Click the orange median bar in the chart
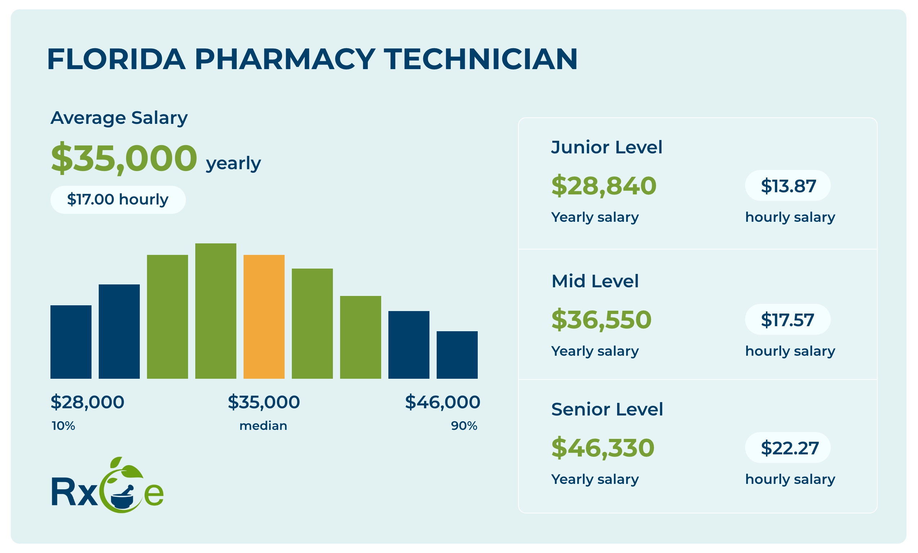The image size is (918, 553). point(264,316)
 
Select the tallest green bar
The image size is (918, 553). point(216,311)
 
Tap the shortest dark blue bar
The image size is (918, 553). point(457,355)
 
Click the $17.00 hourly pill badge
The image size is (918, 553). point(118,199)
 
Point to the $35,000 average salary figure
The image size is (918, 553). point(124,158)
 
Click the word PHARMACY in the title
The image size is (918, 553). point(285,59)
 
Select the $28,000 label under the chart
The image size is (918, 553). point(87,402)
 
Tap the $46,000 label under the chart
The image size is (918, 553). point(442,402)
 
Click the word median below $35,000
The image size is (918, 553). point(263,426)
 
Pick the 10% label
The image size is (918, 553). point(63,426)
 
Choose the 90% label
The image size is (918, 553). point(464,426)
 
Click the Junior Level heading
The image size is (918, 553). point(607,147)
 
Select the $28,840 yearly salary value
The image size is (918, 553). point(603,185)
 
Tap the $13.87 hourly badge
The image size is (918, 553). point(788,185)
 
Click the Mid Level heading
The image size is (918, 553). point(595,281)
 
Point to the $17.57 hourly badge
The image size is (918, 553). point(788,319)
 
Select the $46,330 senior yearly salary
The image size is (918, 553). point(602,448)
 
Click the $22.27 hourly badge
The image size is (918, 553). point(788,448)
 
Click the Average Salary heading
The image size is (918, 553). point(119,118)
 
